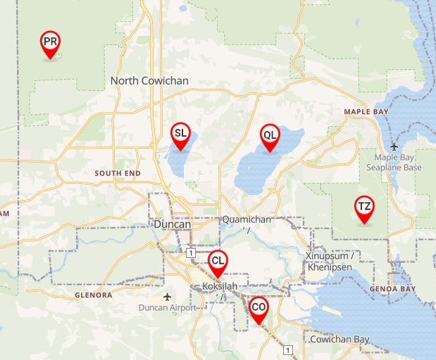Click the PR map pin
click(50, 44)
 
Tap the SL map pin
click(181, 135)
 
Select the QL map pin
click(270, 136)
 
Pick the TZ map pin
click(364, 208)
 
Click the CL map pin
click(218, 262)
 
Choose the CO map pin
click(259, 309)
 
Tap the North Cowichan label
click(149, 81)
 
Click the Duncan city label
click(172, 225)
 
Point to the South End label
click(118, 173)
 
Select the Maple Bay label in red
click(366, 112)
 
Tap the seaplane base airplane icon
click(394, 146)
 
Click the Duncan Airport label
click(167, 307)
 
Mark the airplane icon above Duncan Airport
click(167, 296)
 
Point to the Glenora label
click(93, 295)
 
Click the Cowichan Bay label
click(340, 340)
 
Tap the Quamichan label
click(247, 220)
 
